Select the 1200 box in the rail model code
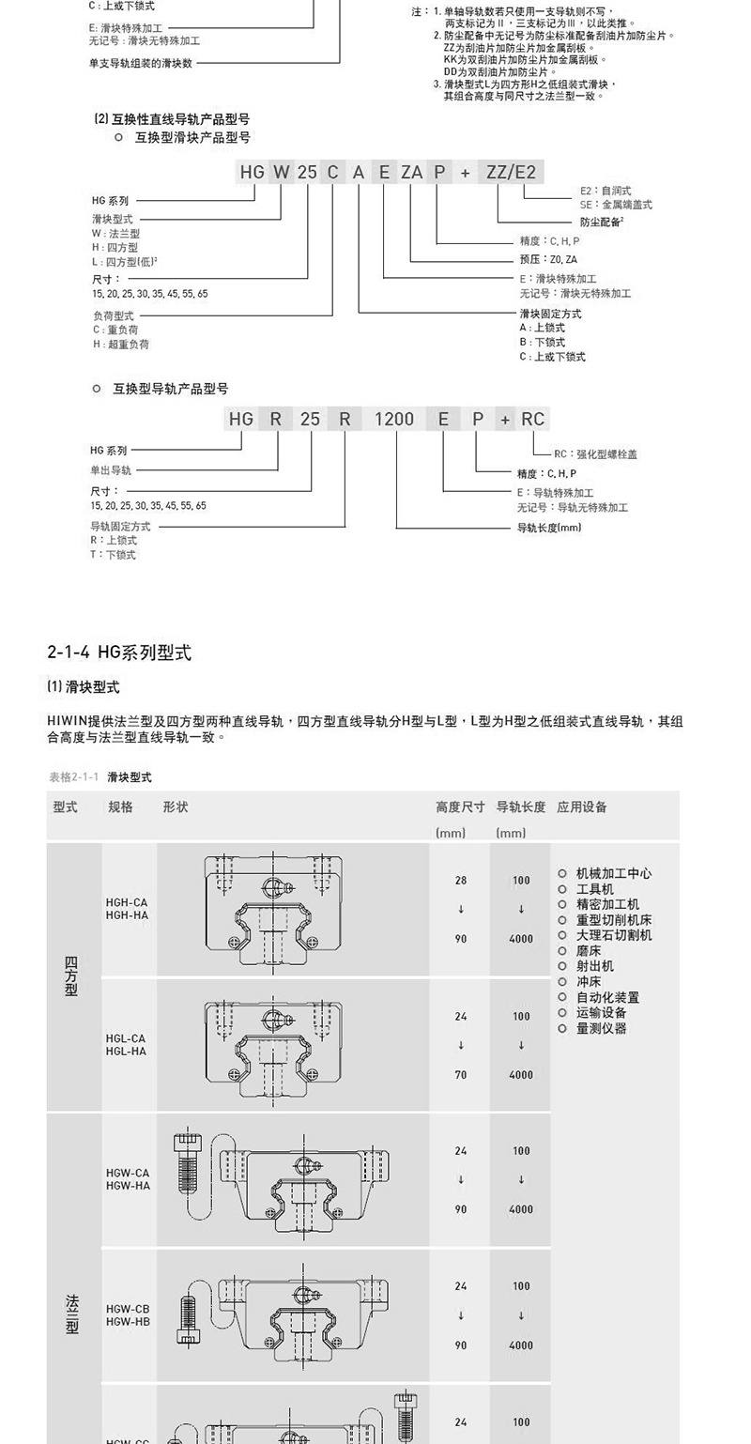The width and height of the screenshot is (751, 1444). click(x=394, y=419)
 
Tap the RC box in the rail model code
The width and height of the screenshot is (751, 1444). click(x=533, y=419)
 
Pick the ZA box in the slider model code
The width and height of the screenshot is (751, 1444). click(x=411, y=172)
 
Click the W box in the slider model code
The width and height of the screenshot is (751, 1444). click(x=282, y=172)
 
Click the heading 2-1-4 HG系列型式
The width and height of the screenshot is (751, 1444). click(x=119, y=652)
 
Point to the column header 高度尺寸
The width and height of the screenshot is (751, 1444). click(x=460, y=806)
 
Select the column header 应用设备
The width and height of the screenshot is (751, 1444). click(x=582, y=806)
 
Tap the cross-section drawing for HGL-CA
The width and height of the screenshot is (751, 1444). click(x=273, y=1042)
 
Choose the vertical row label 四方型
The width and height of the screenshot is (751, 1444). click(x=72, y=976)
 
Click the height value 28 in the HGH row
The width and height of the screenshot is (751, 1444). click(x=460, y=881)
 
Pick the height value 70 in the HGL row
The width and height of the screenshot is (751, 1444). click(x=460, y=1075)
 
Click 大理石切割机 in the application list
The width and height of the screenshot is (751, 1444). click(x=614, y=935)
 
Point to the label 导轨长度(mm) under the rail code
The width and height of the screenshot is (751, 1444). click(x=549, y=528)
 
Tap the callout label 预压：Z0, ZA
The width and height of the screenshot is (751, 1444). click(x=548, y=259)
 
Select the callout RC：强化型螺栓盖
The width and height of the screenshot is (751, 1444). click(x=595, y=454)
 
